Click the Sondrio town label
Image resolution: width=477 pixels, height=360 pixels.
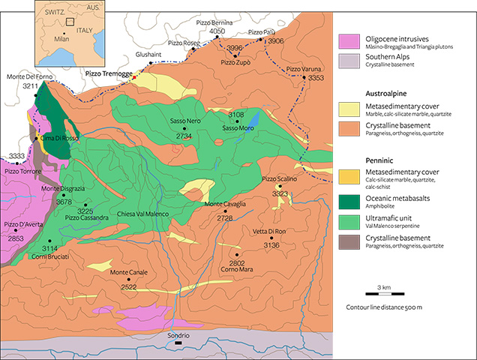tap(178, 336)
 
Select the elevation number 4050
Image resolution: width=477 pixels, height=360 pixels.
tap(217, 31)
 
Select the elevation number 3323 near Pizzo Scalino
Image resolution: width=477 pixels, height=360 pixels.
tap(280, 194)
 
